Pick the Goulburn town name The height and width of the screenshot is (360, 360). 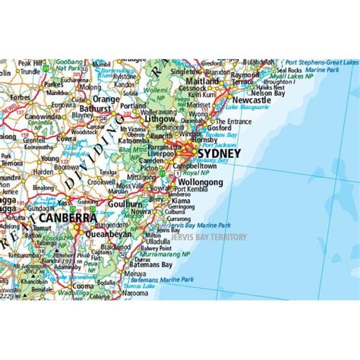pos(123,204)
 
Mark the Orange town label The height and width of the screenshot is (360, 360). pos(106,99)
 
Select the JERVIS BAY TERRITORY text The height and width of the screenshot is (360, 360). pos(210,236)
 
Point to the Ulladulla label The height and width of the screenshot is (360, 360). pos(167,242)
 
